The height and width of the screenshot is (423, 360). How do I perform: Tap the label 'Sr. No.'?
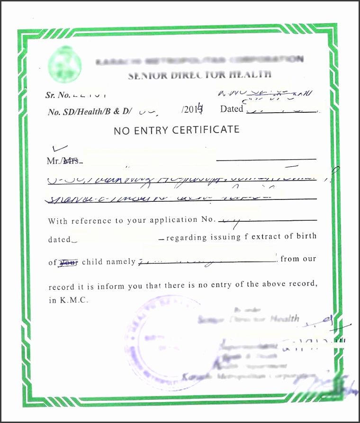pyautogui.click(x=57, y=95)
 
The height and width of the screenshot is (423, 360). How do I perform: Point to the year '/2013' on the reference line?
pyautogui.click(x=192, y=109)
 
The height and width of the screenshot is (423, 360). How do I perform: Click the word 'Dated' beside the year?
pyautogui.click(x=231, y=109)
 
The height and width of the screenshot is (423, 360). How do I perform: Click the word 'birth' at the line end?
pyautogui.click(x=306, y=236)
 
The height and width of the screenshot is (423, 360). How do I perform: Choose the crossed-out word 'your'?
pyautogui.click(x=68, y=262)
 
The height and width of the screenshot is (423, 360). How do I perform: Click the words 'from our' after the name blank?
pyautogui.click(x=298, y=259)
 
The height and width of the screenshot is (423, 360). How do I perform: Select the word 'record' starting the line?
pyautogui.click(x=61, y=287)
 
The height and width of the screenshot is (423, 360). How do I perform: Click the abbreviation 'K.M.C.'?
pyautogui.click(x=74, y=300)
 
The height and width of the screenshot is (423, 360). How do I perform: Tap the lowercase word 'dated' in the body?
pyautogui.click(x=59, y=240)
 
